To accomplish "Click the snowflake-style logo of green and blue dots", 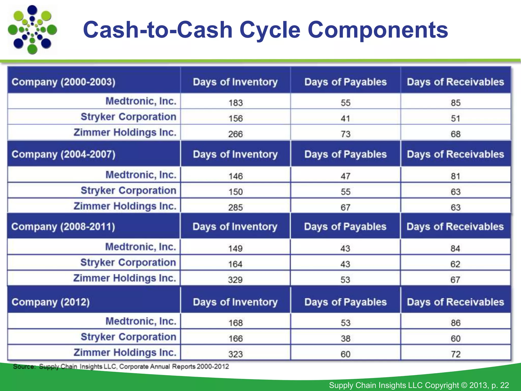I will (x=32, y=30).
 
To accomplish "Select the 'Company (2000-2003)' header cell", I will (x=64, y=82).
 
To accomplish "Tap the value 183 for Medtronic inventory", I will (x=236, y=103).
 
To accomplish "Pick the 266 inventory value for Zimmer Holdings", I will (x=236, y=134).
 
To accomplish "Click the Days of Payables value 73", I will (x=345, y=134).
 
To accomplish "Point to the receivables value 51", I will (x=455, y=119).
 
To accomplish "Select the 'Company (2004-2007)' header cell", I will (x=64, y=154).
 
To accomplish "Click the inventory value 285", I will (x=236, y=207).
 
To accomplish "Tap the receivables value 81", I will (x=455, y=176).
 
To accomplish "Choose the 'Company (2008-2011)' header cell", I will (x=63, y=227).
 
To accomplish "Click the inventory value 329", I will (x=235, y=280).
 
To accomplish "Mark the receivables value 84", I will (x=455, y=248).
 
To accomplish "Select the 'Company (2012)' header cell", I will (x=51, y=302).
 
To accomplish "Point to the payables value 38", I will (x=345, y=339).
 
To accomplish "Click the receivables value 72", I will (x=455, y=354).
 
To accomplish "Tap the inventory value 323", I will (x=236, y=354).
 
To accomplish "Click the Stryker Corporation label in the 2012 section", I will (x=128, y=337).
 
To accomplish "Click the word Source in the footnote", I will (x=24, y=367).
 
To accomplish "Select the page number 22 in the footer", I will (x=504, y=385).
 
